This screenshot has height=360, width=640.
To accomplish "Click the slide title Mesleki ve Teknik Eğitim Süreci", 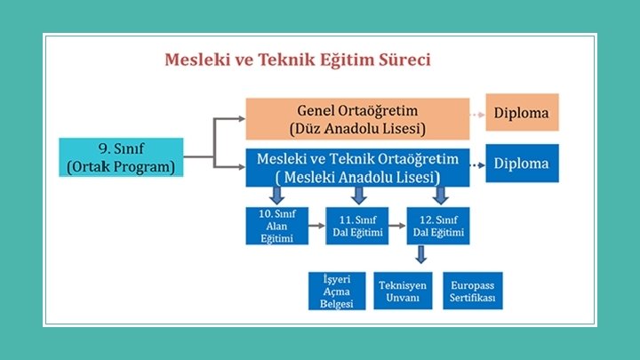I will pyautogui.click(x=298, y=60).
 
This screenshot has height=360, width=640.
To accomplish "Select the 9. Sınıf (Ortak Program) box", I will pyautogui.click(x=121, y=157).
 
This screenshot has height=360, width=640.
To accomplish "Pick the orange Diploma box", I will pyautogui.click(x=522, y=113).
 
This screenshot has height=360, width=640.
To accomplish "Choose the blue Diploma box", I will pyautogui.click(x=522, y=164).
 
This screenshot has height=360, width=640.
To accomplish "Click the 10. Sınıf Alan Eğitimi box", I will pyautogui.click(x=276, y=226).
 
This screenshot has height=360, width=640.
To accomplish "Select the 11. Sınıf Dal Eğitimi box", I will pyautogui.click(x=356, y=226).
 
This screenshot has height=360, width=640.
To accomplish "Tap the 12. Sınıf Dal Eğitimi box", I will pyautogui.click(x=436, y=226).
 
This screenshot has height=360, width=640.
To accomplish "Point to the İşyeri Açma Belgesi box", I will pyautogui.click(x=337, y=291).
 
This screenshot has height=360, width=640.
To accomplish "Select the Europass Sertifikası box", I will pyautogui.click(x=472, y=291).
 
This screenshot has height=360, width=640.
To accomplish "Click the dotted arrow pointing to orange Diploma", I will pyautogui.click(x=476, y=114).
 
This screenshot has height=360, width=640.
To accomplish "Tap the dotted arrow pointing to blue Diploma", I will pyautogui.click(x=476, y=164).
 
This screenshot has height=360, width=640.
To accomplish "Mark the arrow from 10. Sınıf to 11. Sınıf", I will pyautogui.click(x=316, y=226).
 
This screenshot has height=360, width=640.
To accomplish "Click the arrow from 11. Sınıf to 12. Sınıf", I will pyautogui.click(x=396, y=226).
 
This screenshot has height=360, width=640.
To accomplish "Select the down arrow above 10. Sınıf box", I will pyautogui.click(x=276, y=196).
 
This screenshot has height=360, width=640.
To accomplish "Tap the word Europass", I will pyautogui.click(x=472, y=285).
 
